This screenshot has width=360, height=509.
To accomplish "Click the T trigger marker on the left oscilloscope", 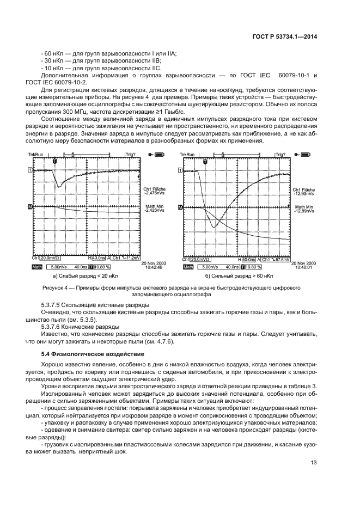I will point(54,162).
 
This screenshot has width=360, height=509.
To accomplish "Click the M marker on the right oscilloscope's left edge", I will point(180,207).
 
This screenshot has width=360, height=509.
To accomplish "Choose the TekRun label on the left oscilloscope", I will point(35,155).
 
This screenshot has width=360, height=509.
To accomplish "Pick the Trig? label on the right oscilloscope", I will point(280,155).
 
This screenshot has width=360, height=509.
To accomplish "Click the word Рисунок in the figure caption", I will point(54,286).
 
